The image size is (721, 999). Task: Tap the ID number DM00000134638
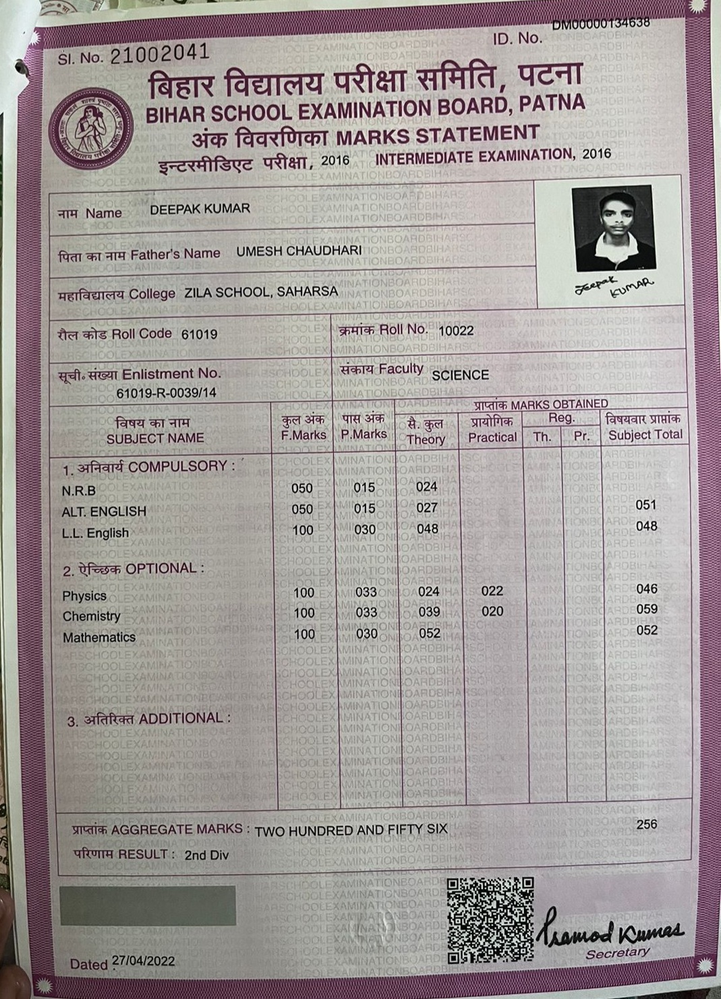(601, 24)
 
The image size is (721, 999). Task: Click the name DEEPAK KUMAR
(200, 209)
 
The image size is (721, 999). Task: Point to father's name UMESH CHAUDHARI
(299, 251)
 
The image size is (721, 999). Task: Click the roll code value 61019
(199, 334)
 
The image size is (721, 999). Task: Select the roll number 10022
(456, 331)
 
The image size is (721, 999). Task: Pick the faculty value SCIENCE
(460, 375)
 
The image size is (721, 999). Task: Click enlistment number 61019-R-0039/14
(166, 393)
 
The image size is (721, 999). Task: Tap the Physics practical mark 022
(492, 591)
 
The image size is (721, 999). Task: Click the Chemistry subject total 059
(646, 609)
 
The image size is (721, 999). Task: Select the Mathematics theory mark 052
(429, 633)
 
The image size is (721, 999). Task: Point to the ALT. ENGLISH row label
(104, 512)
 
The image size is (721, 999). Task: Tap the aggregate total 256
(646, 824)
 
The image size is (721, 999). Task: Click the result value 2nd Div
(207, 855)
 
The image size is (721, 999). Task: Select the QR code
(490, 919)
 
